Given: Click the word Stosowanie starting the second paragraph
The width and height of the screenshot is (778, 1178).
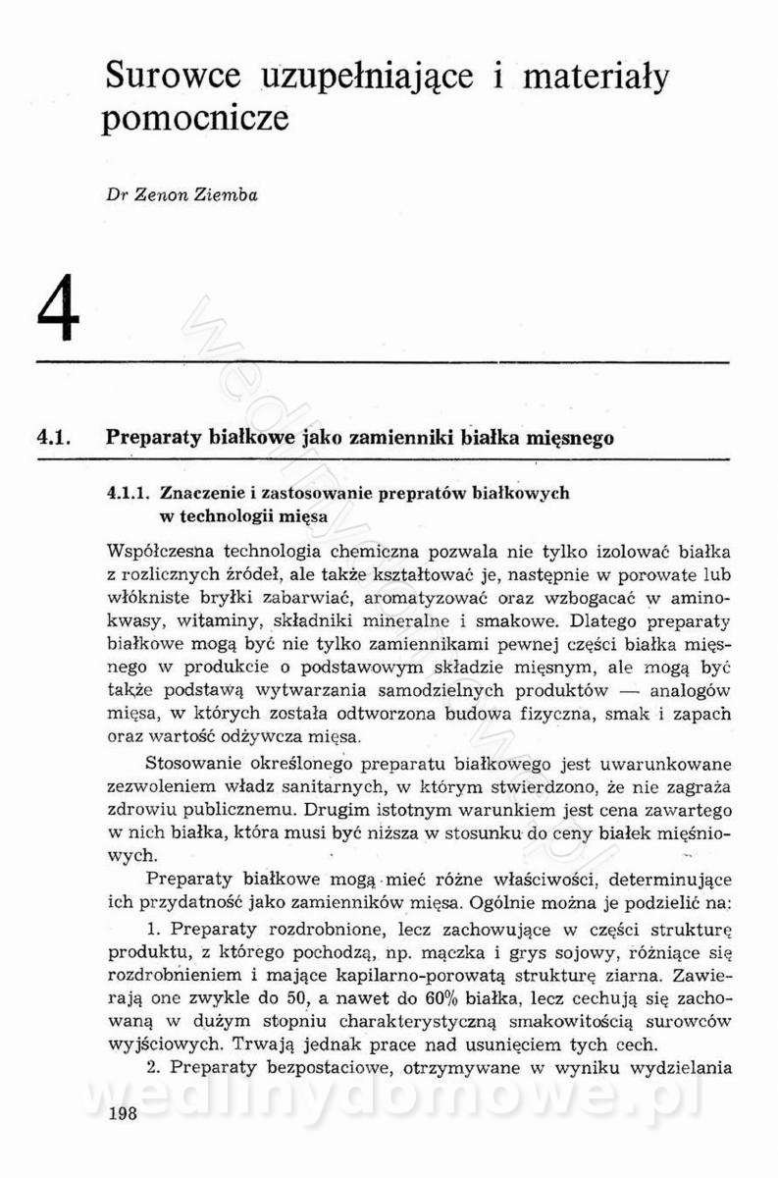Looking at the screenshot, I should (x=190, y=763).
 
